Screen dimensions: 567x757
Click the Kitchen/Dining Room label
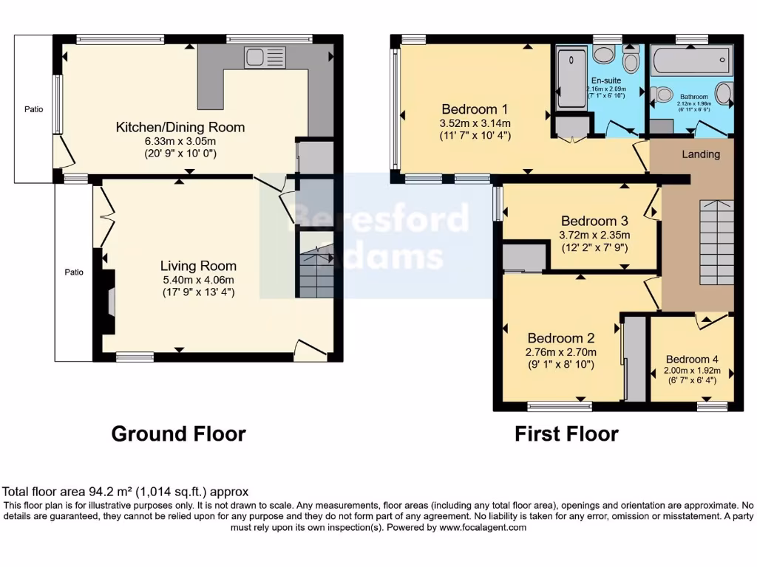180,127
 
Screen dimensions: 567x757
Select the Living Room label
198,266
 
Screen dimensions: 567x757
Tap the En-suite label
606,80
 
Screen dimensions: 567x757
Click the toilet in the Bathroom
662,94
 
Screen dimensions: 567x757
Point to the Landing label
701,154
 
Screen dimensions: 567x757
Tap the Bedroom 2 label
560,338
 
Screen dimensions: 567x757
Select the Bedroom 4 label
691,360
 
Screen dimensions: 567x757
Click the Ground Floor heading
178,433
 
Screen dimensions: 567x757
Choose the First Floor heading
566,433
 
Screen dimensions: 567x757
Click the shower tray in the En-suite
571,78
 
